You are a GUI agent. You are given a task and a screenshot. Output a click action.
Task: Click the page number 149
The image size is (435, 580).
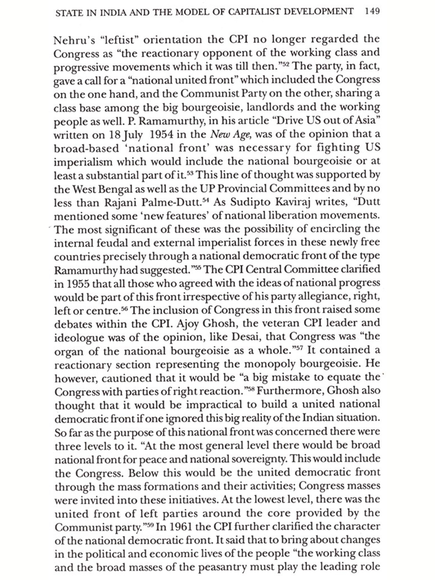pos(372,12)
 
